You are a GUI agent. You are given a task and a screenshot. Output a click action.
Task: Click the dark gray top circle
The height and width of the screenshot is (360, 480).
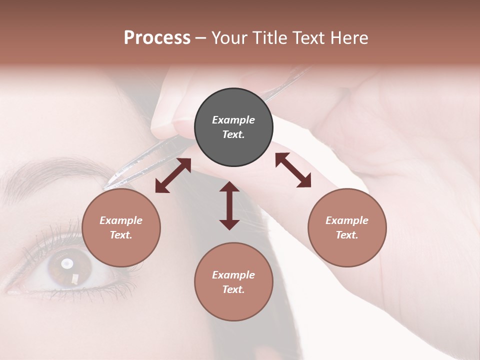coord(233,127)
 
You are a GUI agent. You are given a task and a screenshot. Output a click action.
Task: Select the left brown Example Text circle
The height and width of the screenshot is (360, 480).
coord(121,227)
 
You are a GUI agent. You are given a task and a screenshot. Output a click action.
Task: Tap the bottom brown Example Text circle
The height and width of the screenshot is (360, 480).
coord(233,282)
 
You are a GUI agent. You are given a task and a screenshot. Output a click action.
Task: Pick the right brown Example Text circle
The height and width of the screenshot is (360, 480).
coord(347,227)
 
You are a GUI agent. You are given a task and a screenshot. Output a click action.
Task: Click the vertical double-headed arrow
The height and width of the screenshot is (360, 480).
coord(229,205)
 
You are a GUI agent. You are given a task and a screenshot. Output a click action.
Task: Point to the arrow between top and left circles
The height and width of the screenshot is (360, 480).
coord(173,175)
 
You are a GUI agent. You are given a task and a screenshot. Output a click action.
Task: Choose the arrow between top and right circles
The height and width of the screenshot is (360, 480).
coord(293,170)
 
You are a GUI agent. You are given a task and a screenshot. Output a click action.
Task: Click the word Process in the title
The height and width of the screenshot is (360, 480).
coord(157,38)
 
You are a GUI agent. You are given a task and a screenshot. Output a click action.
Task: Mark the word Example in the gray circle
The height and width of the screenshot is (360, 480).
coord(233,120)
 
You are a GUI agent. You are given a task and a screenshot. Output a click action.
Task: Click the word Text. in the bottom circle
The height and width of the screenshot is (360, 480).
coord(233,289)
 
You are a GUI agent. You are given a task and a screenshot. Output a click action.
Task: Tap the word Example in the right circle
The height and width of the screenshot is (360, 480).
coord(347,220)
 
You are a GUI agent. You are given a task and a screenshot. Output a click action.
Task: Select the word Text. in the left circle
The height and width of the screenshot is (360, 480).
coord(121,235)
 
